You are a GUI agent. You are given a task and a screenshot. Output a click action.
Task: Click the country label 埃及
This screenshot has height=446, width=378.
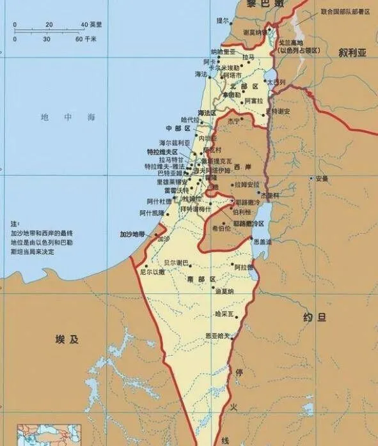point(67,339)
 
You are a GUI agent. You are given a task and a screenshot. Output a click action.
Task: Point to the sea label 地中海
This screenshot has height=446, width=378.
point(67,118)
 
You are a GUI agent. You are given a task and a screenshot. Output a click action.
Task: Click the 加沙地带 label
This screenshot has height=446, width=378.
point(133,235)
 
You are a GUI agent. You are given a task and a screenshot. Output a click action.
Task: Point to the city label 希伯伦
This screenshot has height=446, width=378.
point(221,227)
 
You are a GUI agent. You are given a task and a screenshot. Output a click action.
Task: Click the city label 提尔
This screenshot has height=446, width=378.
point(222,20)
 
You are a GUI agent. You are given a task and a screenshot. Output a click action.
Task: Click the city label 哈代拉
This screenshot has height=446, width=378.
point(191,119)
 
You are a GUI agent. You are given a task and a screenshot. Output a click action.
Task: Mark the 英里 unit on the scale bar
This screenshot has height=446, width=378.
point(95,24)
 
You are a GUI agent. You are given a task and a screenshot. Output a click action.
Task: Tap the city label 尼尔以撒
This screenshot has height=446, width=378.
point(153,272)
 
